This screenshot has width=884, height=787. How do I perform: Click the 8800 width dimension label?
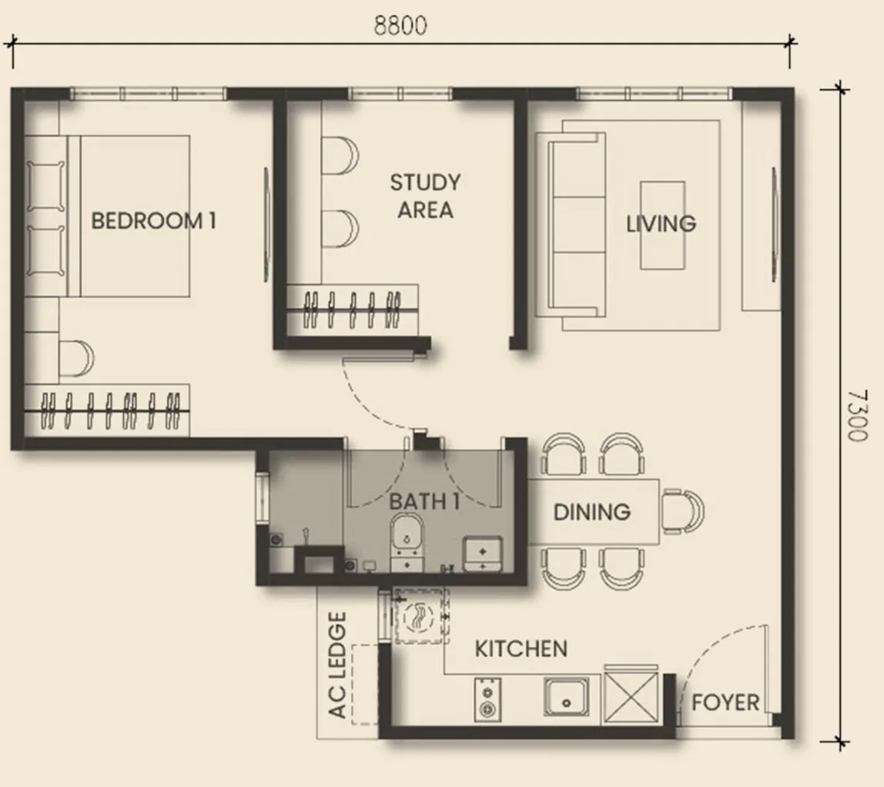[400, 25]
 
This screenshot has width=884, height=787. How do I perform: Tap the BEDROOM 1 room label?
[153, 222]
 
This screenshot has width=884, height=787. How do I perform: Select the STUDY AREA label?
[425, 196]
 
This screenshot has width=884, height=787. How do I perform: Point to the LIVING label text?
[661, 224]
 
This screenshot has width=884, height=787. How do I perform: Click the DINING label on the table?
[591, 512]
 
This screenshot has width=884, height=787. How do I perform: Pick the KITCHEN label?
[521, 649]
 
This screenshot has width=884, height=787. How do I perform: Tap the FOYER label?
[725, 703]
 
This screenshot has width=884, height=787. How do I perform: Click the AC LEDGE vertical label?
[338, 665]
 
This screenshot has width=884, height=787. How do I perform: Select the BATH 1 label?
[424, 502]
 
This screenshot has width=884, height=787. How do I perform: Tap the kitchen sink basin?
[567, 698]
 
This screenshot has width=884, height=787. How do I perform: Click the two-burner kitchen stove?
[487, 700]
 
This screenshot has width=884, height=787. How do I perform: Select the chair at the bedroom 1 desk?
[76, 358]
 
